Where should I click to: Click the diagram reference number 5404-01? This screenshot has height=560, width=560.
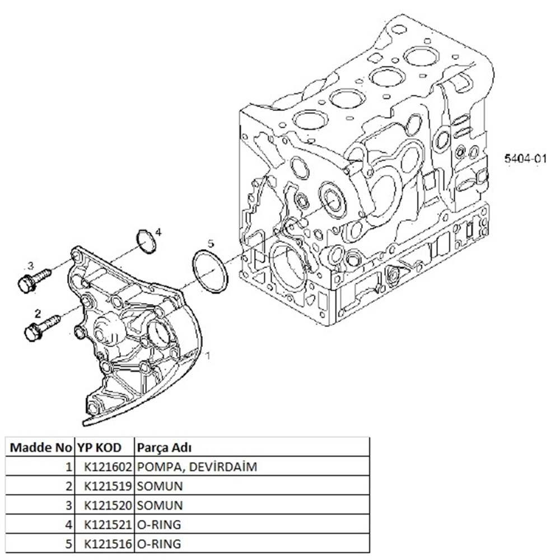click(x=524, y=158)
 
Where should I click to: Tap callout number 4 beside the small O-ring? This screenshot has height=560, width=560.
click(x=158, y=231)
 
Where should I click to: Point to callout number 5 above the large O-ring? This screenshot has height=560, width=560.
click(x=211, y=243)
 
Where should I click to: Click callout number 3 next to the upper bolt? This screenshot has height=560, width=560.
click(x=31, y=265)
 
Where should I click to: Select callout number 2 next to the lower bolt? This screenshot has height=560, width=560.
click(x=38, y=312)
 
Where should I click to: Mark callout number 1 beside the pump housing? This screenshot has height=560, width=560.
click(x=208, y=355)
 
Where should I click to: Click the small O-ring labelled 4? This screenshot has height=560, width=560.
click(x=146, y=241)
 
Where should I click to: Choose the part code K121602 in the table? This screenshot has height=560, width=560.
click(x=107, y=466)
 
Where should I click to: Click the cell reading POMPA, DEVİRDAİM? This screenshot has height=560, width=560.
click(x=197, y=466)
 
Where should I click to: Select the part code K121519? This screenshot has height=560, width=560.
click(x=107, y=486)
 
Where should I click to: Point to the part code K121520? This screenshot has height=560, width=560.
click(x=107, y=505)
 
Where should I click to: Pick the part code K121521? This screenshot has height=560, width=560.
click(x=107, y=524)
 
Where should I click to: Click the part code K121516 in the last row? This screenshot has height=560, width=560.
click(x=107, y=543)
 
